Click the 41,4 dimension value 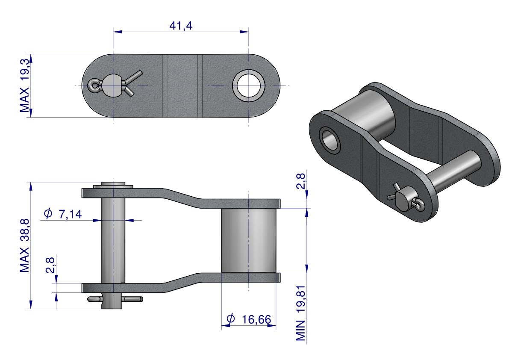coord(181,26)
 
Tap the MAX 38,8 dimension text coord(25,246)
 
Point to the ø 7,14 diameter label coord(63,214)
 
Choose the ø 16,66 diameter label coord(249,319)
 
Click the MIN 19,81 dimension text coord(301,313)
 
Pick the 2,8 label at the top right coord(301,181)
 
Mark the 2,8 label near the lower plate coord(50,265)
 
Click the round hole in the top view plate coord(249,86)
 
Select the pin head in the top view coord(112,86)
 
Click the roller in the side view coord(249,241)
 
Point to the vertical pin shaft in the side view coord(113,240)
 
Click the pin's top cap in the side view coord(113,186)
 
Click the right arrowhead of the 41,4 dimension coord(244,32)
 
